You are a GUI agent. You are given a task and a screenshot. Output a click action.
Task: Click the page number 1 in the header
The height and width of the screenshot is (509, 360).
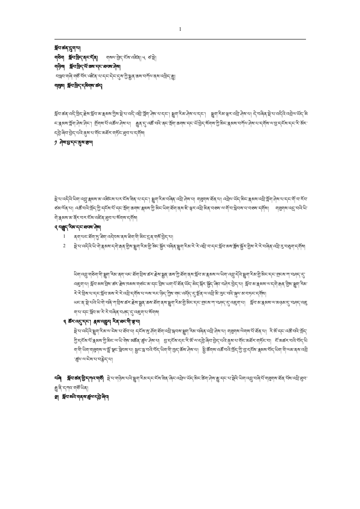180,29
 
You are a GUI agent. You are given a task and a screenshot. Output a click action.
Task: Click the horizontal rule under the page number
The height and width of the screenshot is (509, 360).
180,39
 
